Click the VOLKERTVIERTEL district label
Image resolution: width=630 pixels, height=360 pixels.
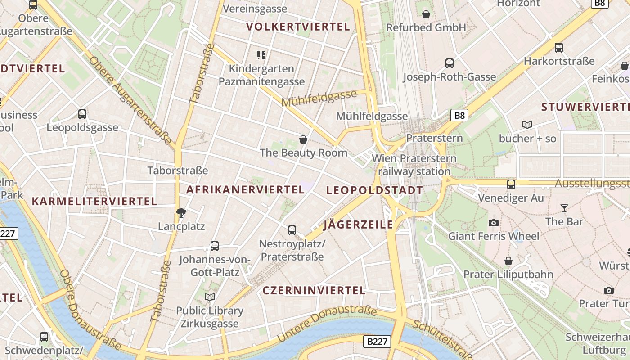coord(298,27)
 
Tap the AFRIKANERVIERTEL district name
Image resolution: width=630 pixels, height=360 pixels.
coord(245,190)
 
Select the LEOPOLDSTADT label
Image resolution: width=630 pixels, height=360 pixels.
coord(374,190)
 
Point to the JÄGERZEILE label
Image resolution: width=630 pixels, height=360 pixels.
coord(358,225)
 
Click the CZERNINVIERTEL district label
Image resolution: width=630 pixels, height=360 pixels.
coord(314,291)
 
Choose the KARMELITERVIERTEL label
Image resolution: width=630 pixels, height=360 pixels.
coord(94,201)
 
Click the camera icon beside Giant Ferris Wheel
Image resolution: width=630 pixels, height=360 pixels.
coord(494,223)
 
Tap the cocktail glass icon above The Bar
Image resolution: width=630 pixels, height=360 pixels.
coord(564,208)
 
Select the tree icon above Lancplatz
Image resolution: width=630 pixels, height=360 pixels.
coord(181,213)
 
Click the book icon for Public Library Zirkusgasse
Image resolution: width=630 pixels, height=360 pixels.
coord(210,297)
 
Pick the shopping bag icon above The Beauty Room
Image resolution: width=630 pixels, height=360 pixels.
coord(303,139)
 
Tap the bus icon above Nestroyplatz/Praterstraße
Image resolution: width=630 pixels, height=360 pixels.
coord(292,230)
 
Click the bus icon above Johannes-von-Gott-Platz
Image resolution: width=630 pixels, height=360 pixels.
coord(215,246)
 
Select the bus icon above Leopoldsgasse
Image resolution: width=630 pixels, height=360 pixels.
coord(82,114)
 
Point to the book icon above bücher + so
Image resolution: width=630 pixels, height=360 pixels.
coord(527,125)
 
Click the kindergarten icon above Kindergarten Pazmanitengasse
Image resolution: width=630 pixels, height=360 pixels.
coord(261,55)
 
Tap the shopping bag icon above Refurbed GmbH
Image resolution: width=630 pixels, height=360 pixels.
coord(426,14)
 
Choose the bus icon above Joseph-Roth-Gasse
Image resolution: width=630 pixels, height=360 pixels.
coord(449,63)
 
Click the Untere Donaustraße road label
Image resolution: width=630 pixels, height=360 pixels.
coord(327,323)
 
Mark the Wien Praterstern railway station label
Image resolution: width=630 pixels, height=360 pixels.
coord(414,165)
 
